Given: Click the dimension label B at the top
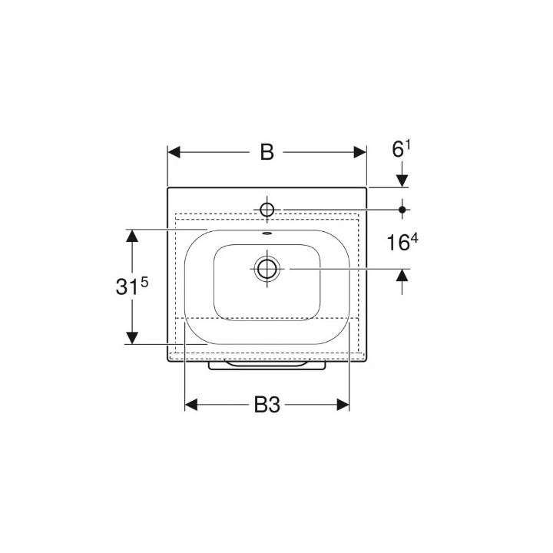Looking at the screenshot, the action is [x=267, y=152].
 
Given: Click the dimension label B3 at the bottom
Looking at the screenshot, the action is [x=267, y=405].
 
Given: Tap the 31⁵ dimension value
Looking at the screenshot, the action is [x=132, y=286].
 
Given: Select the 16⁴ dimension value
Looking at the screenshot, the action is [x=402, y=243].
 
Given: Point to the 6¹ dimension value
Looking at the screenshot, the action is [x=402, y=149].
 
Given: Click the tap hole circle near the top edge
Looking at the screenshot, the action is [x=267, y=210].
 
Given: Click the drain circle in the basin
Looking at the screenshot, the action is [x=267, y=269].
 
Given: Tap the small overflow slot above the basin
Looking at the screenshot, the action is [x=267, y=233].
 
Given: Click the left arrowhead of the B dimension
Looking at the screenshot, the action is [x=174, y=152].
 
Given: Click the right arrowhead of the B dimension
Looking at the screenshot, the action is [x=360, y=152].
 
